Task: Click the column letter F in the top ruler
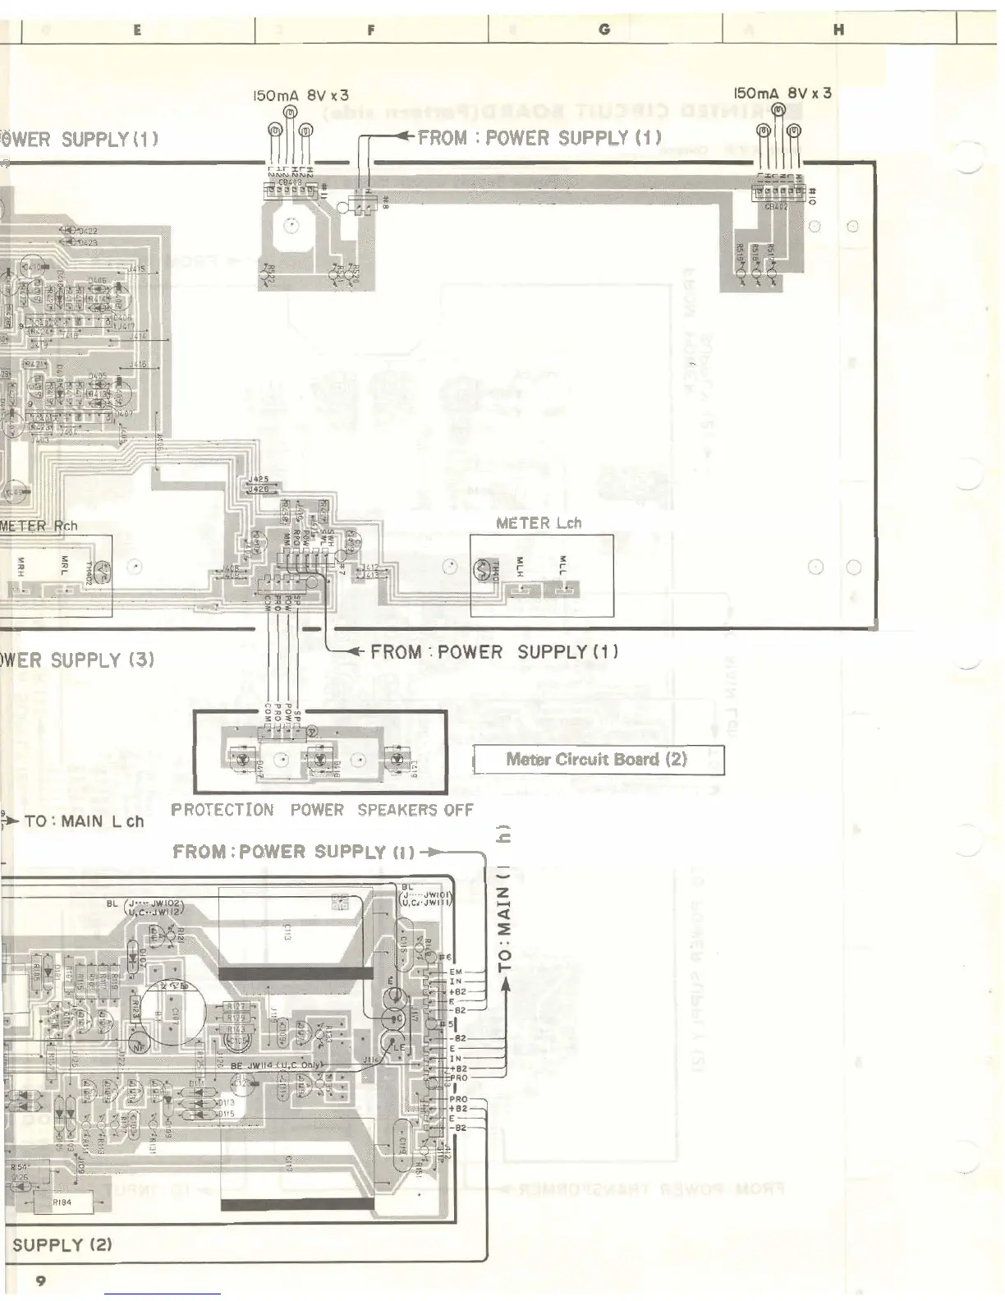coord(371,30)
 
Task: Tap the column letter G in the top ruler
coord(605,30)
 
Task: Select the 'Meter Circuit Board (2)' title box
coord(597,759)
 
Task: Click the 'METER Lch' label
coord(539,522)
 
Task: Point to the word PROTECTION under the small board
coord(223,810)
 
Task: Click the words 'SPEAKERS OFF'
coord(415,810)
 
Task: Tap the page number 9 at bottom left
coord(40,1280)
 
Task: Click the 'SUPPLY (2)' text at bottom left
coord(62,1244)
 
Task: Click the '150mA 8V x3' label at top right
coord(782,93)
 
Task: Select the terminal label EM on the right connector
coord(456,972)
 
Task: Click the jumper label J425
coord(258,479)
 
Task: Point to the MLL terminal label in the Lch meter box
coord(562,565)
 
